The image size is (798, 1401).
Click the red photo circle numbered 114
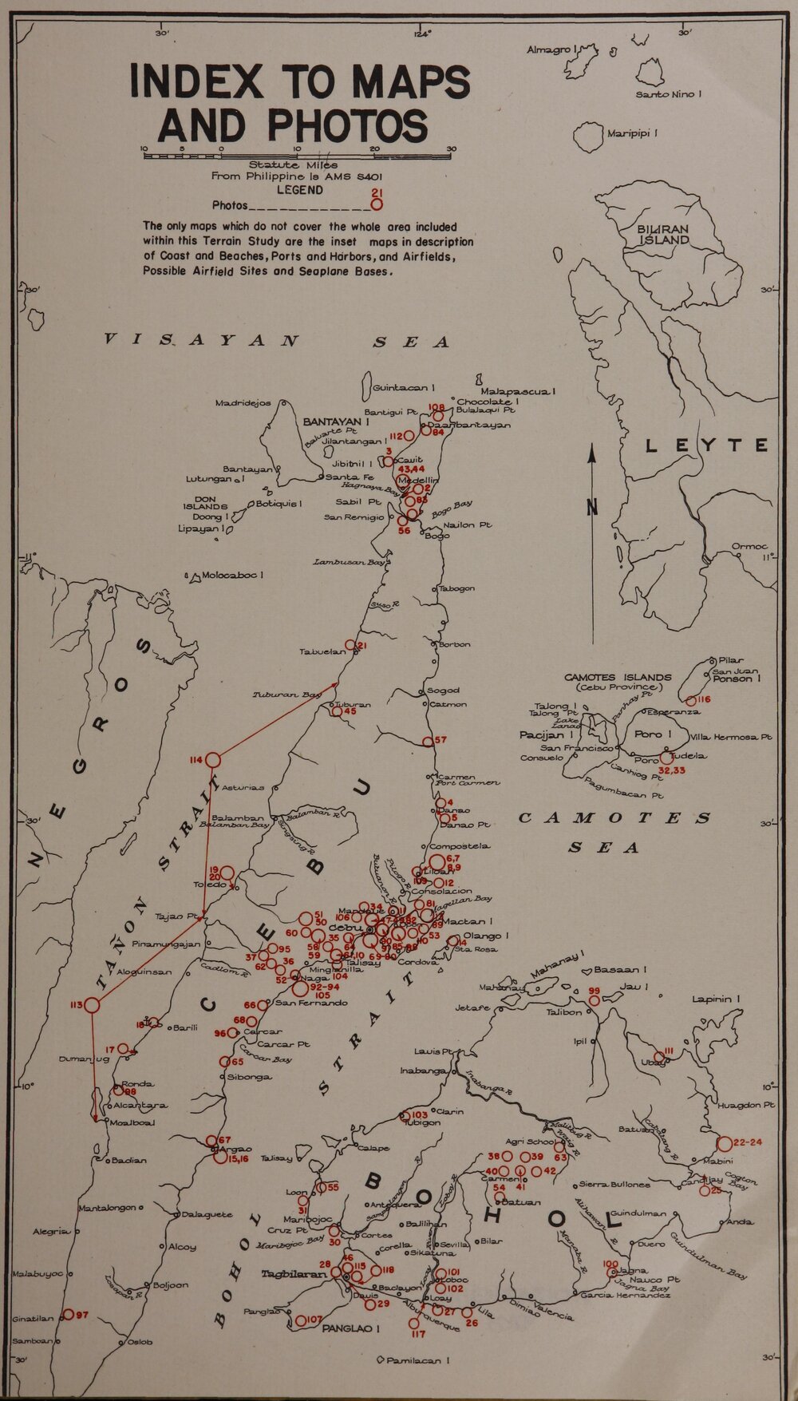pyautogui.click(x=213, y=760)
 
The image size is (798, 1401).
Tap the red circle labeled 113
pyautogui.click(x=92, y=1006)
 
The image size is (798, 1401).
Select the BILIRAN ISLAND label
pyautogui.click(x=662, y=234)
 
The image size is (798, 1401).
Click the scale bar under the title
pyautogui.click(x=297, y=156)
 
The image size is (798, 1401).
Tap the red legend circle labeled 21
pyautogui.click(x=377, y=204)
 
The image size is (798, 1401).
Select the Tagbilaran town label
pyautogui.click(x=294, y=1275)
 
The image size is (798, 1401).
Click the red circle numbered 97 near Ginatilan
pyautogui.click(x=69, y=1314)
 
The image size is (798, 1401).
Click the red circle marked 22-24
pyautogui.click(x=725, y=1142)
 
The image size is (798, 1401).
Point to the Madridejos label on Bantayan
pyautogui.click(x=243, y=403)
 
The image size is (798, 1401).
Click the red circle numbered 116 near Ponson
pyautogui.click(x=692, y=700)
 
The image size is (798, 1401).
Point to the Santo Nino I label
pyautogui.click(x=668, y=94)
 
